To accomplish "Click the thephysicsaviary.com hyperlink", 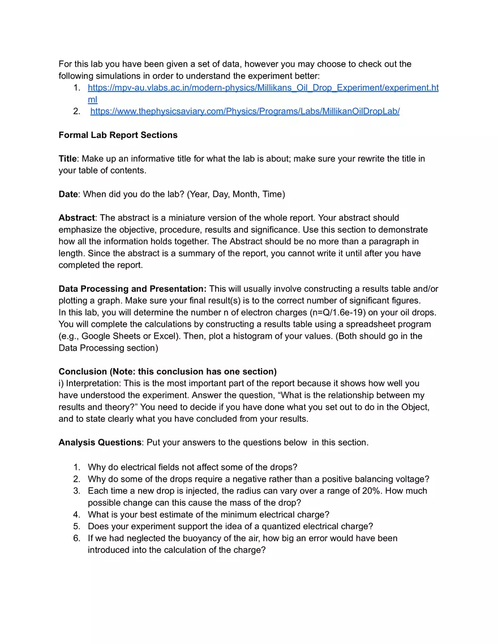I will tap(244, 111).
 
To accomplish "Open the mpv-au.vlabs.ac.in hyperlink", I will tap(263, 88).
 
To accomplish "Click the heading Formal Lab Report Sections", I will tap(118, 135).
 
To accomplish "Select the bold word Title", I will tap(67, 159).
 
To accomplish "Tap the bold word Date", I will tap(68, 194).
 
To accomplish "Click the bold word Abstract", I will tap(76, 218).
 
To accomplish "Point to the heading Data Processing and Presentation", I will tap(132, 289).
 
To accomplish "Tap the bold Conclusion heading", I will tap(83, 371).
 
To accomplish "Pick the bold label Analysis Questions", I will tap(100, 443).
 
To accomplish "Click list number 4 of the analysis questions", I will tap(76, 515).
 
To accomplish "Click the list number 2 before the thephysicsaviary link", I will tap(76, 111).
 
